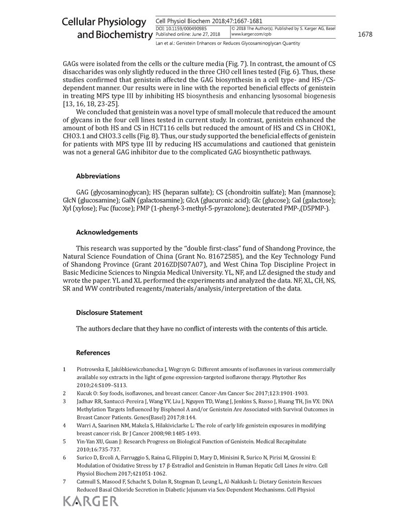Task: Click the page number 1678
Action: [x=365, y=35]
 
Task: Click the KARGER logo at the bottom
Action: [x=90, y=502]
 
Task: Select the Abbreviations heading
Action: [x=98, y=176]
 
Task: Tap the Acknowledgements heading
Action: [x=107, y=232]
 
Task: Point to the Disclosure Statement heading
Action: [x=109, y=313]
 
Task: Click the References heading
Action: [x=93, y=353]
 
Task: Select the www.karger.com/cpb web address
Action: [x=251, y=34]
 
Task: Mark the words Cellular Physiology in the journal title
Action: [x=104, y=23]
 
